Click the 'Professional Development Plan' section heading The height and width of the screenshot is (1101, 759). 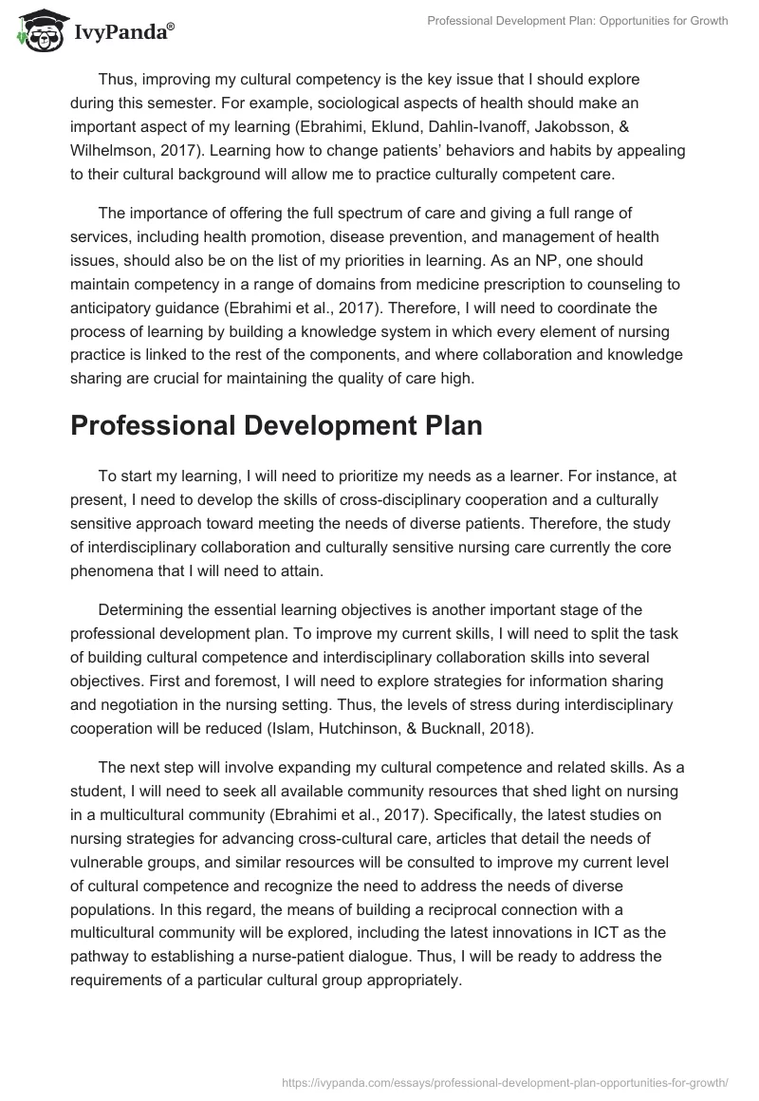click(x=276, y=425)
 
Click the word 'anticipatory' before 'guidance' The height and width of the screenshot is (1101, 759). click(x=115, y=306)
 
